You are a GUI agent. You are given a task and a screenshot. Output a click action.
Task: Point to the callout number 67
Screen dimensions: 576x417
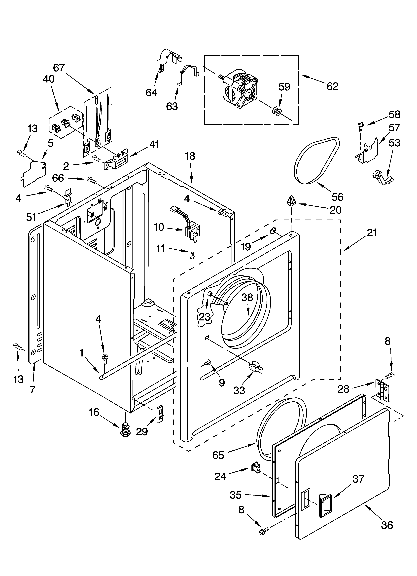click(59, 68)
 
